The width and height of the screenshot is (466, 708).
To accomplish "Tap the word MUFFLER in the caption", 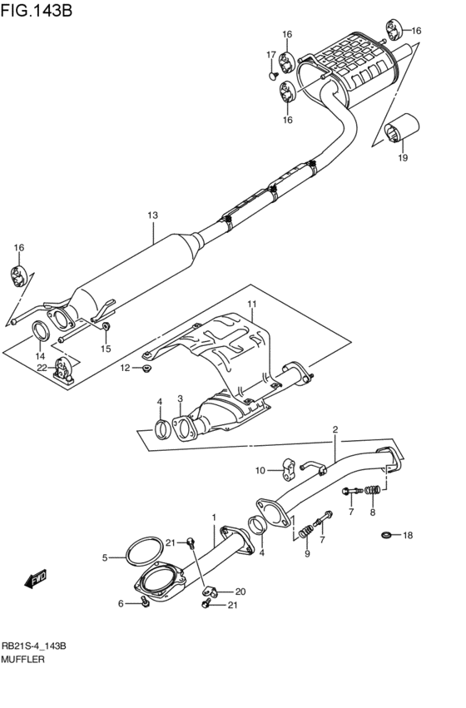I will (x=24, y=658).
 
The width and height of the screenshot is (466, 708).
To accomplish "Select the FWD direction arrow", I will (x=36, y=578).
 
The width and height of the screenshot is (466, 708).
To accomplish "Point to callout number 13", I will (x=152, y=215).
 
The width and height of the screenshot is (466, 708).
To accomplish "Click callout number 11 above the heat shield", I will (x=252, y=304).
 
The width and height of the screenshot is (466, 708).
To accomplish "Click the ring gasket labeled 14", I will (x=40, y=332).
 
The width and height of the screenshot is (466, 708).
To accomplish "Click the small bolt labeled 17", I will (x=273, y=75).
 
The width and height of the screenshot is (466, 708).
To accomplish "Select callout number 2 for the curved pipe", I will (x=335, y=430).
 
